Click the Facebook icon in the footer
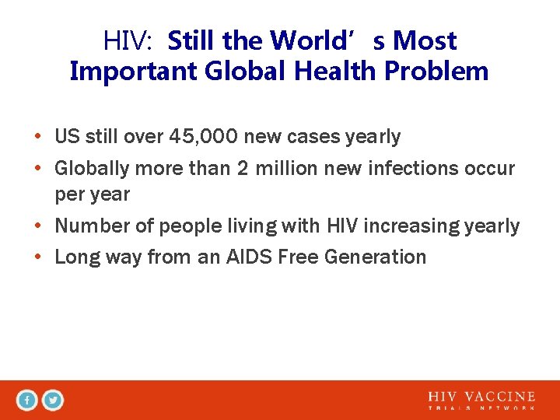tap(27, 401)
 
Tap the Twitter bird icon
tap(52, 401)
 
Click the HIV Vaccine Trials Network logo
tap(481, 401)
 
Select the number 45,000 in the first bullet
tap(203, 138)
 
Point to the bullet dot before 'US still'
tap(38, 138)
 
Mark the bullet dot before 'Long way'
tap(38, 257)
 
